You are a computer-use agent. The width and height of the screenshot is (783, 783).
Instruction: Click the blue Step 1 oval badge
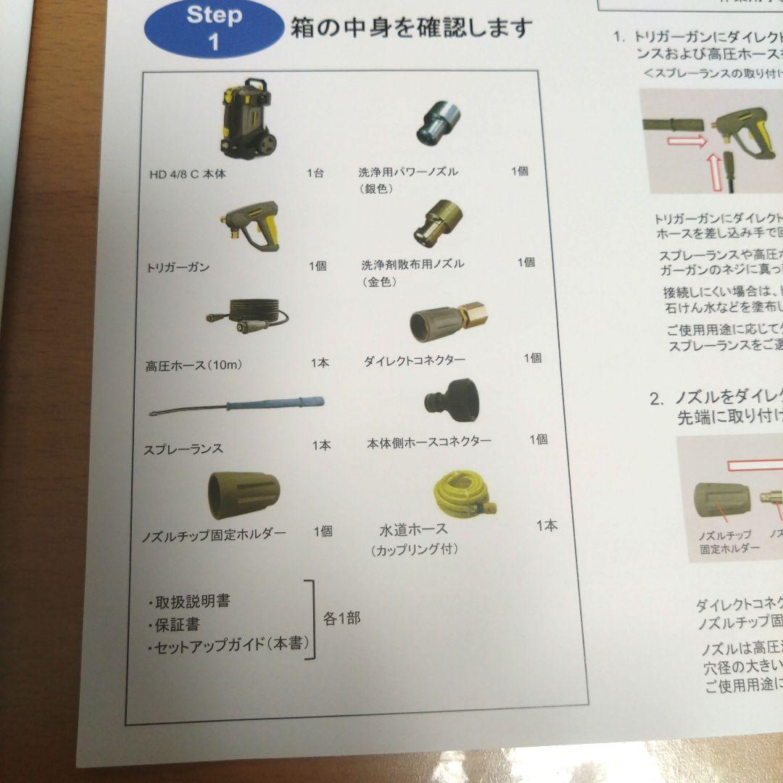[213, 28]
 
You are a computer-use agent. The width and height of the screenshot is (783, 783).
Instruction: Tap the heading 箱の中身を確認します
[412, 28]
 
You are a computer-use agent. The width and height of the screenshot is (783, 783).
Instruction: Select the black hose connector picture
[450, 399]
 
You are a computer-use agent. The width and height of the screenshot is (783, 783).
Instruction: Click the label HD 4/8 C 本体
[188, 174]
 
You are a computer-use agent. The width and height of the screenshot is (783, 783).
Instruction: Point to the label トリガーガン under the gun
[178, 268]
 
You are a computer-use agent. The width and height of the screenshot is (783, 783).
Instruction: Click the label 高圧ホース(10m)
[194, 365]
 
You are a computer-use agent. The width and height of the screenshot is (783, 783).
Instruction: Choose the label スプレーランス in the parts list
[183, 449]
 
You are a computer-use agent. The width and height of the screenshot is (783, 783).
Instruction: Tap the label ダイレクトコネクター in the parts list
[424, 360]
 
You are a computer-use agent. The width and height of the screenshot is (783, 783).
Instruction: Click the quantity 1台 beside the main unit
[315, 173]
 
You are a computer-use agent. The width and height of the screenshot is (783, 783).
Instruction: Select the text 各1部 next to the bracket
[341, 619]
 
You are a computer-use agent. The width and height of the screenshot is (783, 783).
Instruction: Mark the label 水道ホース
[413, 529]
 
